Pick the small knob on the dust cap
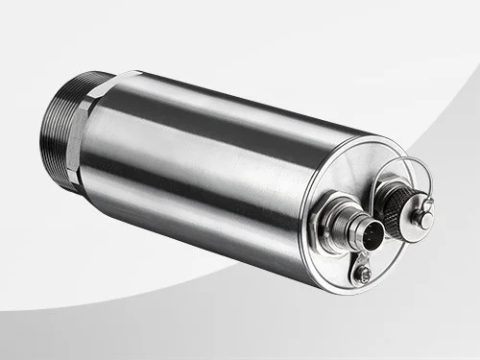(424, 219)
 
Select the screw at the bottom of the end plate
(363, 276)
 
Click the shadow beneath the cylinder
(192, 288)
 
